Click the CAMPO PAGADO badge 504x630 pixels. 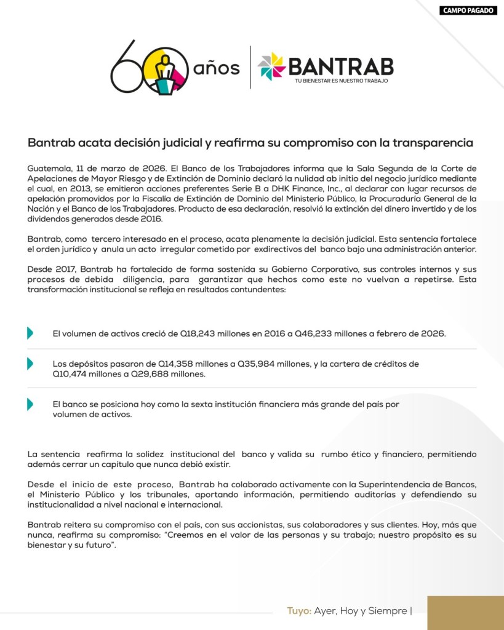[x=468, y=10]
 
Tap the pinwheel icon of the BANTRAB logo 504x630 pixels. [x=271, y=66]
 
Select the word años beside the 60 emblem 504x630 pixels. [x=216, y=68]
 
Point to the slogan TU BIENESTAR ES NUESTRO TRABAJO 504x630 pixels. [x=341, y=81]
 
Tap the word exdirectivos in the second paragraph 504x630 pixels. [x=274, y=249]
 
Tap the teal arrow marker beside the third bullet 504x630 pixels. [x=30, y=405]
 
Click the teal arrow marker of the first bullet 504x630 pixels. [x=30, y=333]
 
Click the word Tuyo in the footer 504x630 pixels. [x=298, y=611]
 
